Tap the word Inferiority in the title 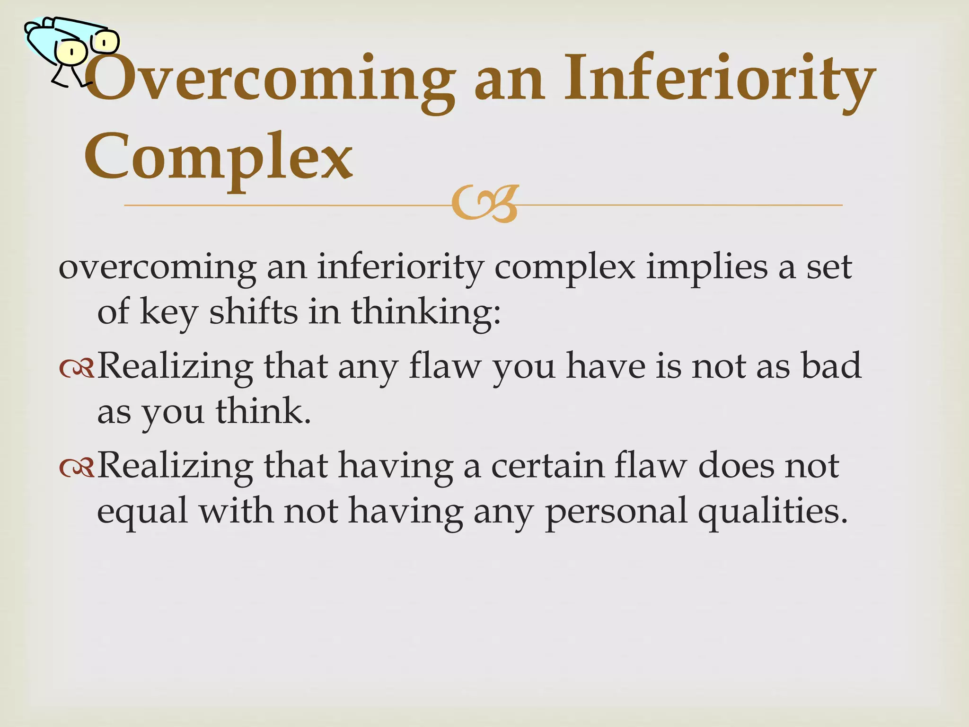[x=719, y=78]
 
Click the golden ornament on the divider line [x=484, y=204]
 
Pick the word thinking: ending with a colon [x=425, y=312]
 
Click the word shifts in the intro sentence [x=253, y=312]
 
